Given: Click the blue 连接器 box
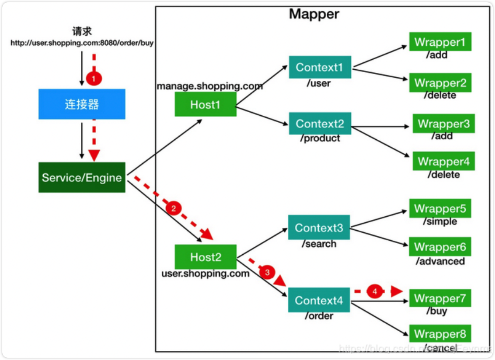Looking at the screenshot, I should (82, 104).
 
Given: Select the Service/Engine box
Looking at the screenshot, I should (82, 178).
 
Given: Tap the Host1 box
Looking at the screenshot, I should (205, 105).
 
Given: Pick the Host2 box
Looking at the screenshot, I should (205, 257).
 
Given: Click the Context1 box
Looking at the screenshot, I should (320, 67).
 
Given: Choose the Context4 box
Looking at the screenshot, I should (319, 300).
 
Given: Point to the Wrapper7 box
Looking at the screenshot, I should (440, 298).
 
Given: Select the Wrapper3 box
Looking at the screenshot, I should (444, 124).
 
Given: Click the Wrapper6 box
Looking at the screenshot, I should (440, 247).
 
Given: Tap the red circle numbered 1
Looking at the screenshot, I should (94, 79).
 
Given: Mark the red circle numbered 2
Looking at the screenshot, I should (174, 209).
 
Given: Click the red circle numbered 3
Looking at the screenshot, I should (267, 272).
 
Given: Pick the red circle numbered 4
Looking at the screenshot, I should (374, 291).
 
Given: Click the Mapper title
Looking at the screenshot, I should (314, 14).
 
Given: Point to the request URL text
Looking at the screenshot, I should (82, 43).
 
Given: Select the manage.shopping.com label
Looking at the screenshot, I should (210, 86).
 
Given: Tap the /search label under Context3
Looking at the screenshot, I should (319, 244).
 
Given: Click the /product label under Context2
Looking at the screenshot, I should (320, 138).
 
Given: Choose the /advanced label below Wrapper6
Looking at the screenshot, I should (440, 261).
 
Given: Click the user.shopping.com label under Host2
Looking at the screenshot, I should (205, 274).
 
